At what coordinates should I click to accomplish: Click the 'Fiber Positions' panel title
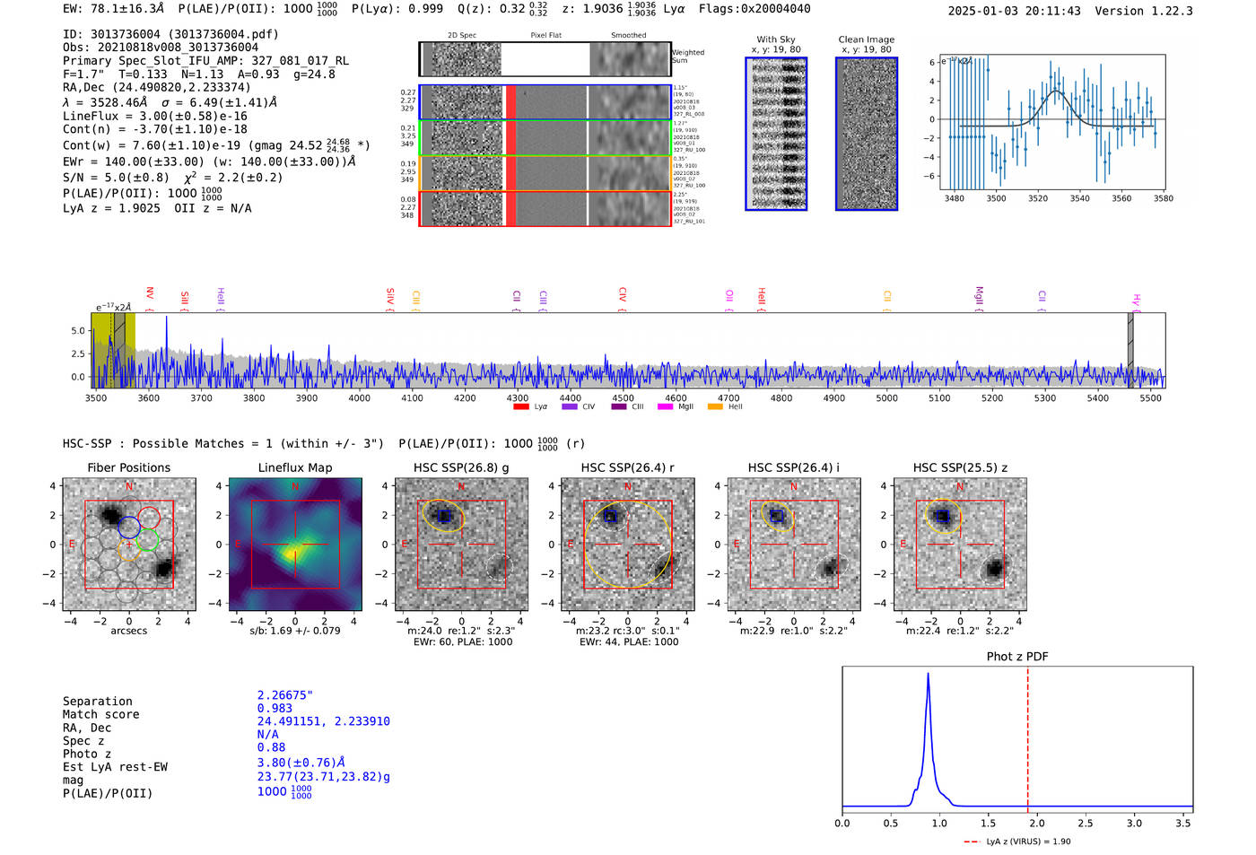tap(128, 467)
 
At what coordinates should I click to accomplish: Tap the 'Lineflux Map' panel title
tap(294, 467)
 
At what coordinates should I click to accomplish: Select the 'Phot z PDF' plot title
tap(1016, 656)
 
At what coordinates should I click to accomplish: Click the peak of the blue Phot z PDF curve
tap(928, 674)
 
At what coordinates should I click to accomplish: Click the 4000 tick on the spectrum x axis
tap(359, 397)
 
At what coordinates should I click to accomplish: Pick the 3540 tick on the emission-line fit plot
tap(1079, 198)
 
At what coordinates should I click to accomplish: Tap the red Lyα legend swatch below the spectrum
tap(520, 406)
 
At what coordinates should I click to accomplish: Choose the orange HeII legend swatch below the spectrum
tap(715, 406)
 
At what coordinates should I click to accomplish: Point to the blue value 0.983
tap(275, 708)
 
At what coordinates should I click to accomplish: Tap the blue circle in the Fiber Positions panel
tap(128, 527)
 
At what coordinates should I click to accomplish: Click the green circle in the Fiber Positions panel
tap(148, 540)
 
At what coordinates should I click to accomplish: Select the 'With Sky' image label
tap(775, 39)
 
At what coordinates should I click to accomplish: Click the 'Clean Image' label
tap(866, 39)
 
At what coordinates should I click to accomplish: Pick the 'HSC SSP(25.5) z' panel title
tap(960, 467)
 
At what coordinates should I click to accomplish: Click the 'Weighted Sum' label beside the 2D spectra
tap(687, 56)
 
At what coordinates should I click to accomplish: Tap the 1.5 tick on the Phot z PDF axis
tap(988, 823)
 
